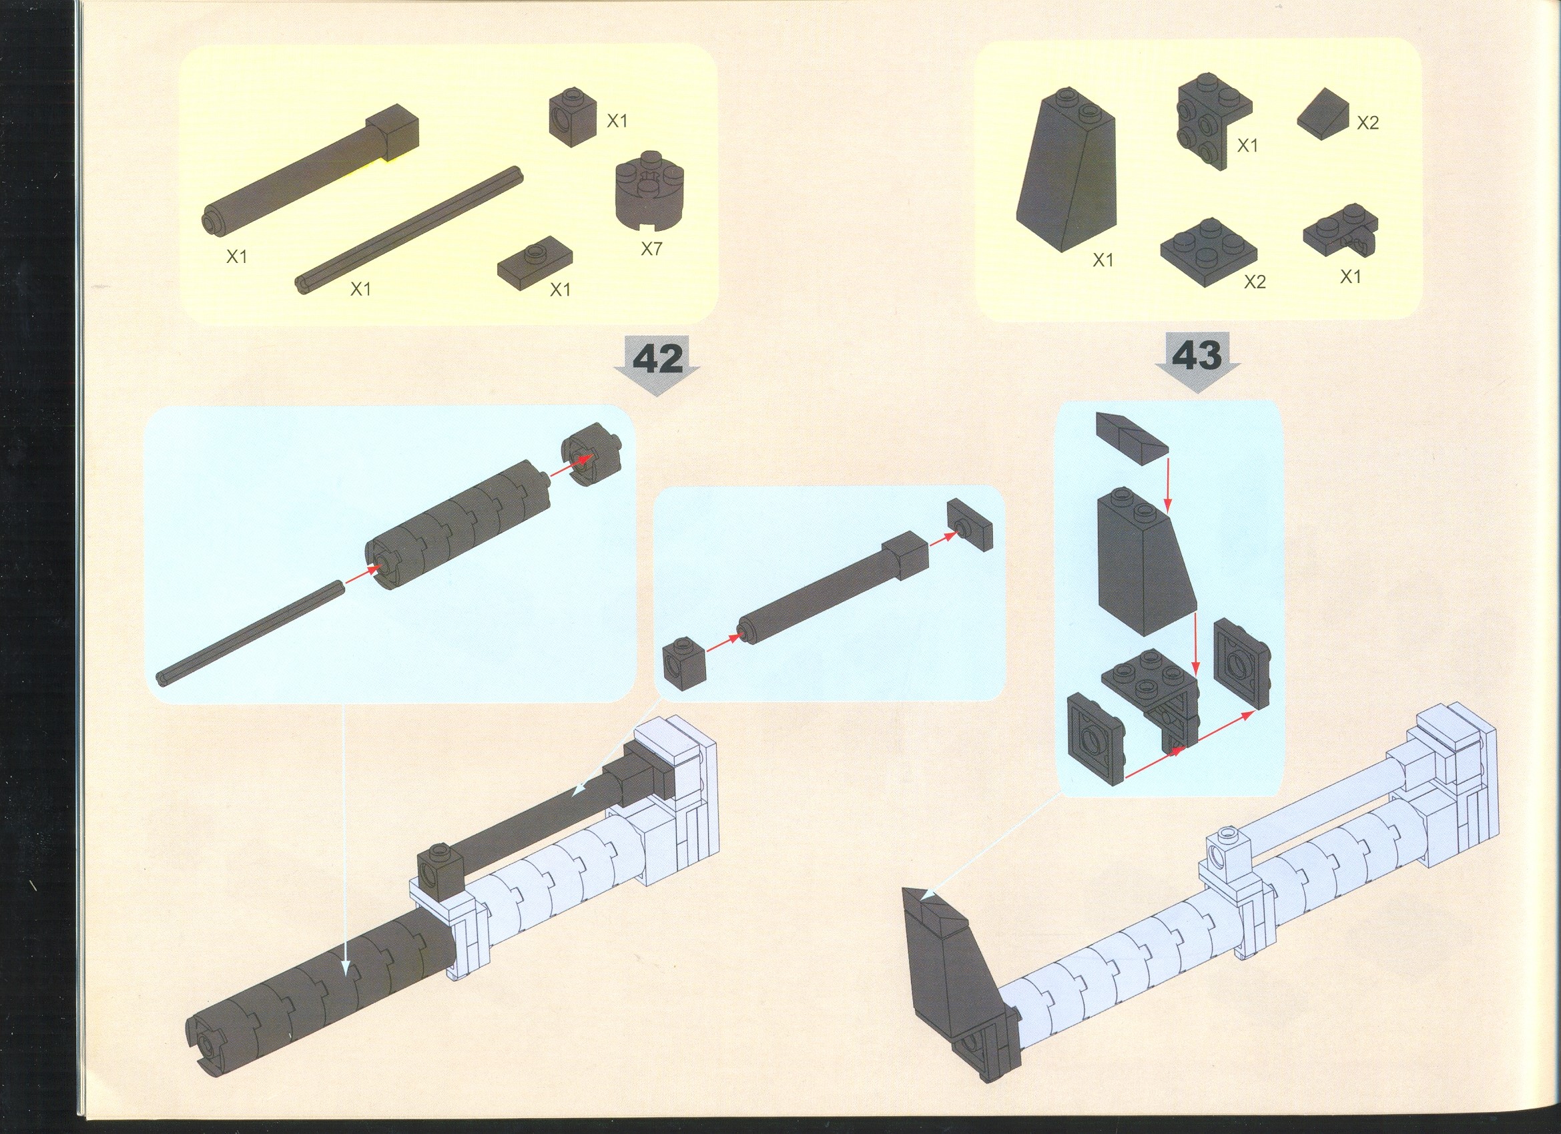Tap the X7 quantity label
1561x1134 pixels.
pyautogui.click(x=651, y=248)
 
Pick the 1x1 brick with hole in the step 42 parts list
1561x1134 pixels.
pyautogui.click(x=573, y=117)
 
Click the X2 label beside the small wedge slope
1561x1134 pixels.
pyautogui.click(x=1367, y=123)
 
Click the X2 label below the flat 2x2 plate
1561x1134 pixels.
pyautogui.click(x=1255, y=282)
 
